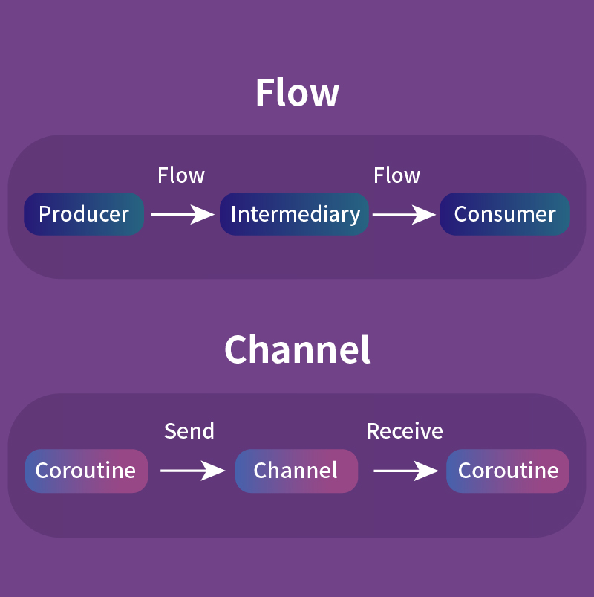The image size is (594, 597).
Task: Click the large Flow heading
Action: pyautogui.click(x=297, y=91)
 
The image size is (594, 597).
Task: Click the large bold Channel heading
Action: pyautogui.click(x=297, y=349)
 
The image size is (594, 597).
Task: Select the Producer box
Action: pyautogui.click(x=84, y=214)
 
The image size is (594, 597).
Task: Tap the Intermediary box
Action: pyautogui.click(x=294, y=214)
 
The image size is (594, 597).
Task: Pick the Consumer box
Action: pyautogui.click(x=505, y=214)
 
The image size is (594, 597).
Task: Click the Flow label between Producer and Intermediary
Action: pyautogui.click(x=181, y=175)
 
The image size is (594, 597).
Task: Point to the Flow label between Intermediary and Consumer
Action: pyautogui.click(x=396, y=175)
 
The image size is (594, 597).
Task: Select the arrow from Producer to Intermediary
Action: pyautogui.click(x=183, y=215)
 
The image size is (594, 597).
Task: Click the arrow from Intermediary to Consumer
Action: pyautogui.click(x=404, y=215)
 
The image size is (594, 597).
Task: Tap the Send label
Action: pyautogui.click(x=189, y=431)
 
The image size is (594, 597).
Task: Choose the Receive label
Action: pyautogui.click(x=404, y=431)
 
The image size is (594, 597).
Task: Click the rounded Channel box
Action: pyautogui.click(x=296, y=471)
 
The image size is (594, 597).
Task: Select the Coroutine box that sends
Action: pyautogui.click(x=86, y=471)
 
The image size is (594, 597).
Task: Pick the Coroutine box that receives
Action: pyautogui.click(x=508, y=471)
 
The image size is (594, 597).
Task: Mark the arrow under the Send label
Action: pyautogui.click(x=193, y=471)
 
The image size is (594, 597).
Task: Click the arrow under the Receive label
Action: pyautogui.click(x=406, y=471)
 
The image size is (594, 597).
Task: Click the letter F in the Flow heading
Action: pyautogui.click(x=265, y=92)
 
